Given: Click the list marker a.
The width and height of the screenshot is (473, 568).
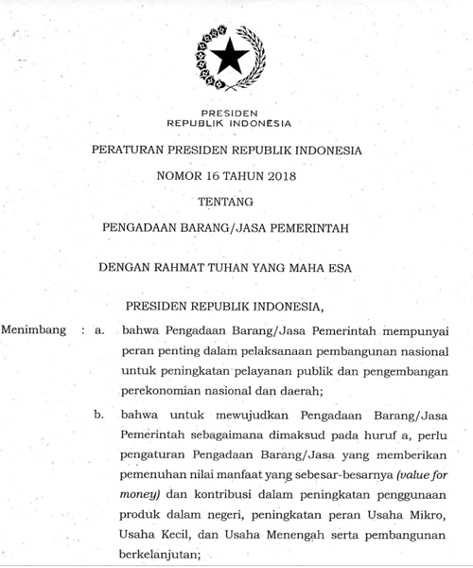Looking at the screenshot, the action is [x=98, y=331].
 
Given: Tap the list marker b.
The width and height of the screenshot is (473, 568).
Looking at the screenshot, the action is [x=98, y=414].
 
